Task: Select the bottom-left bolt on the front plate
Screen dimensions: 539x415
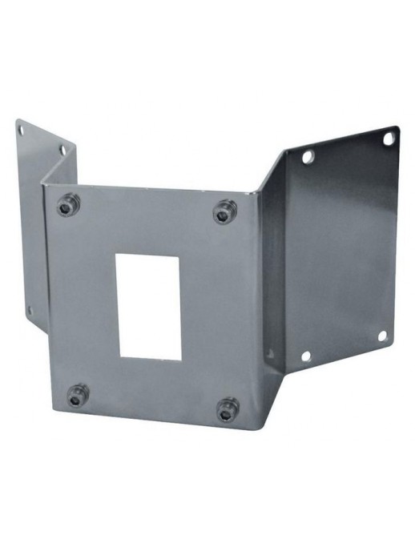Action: [77, 394]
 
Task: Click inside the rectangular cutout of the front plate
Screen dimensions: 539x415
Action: [149, 305]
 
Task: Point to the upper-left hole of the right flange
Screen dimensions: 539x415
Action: [308, 157]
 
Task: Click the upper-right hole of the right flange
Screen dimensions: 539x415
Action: [388, 139]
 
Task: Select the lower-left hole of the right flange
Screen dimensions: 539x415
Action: [305, 356]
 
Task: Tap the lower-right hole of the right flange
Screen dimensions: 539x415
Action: [382, 336]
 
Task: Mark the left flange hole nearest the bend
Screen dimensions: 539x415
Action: [63, 150]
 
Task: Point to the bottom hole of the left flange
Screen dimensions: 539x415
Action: [30, 310]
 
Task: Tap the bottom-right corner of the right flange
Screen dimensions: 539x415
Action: [393, 347]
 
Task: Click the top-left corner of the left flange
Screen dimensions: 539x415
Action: [17, 120]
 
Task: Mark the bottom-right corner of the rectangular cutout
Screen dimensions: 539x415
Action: [181, 360]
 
